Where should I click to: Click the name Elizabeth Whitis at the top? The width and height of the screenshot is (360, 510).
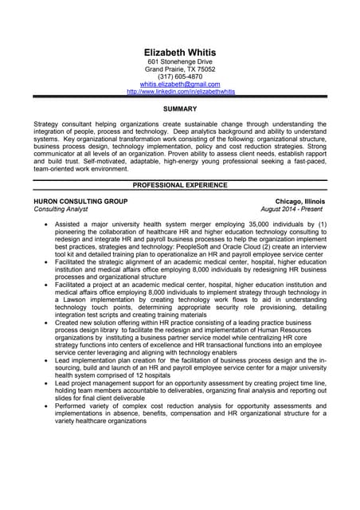[180, 53]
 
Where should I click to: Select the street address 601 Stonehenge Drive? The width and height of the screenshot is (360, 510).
[180, 61]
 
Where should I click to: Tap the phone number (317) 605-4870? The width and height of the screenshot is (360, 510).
[180, 76]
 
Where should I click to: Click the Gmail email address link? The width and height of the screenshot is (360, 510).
[180, 84]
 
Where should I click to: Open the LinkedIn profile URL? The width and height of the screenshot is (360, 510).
[180, 92]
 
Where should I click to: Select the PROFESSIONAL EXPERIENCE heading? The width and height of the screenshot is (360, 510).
[180, 185]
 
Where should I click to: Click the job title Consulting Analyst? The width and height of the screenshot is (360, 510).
[61, 210]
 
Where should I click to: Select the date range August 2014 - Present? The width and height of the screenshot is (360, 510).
[292, 210]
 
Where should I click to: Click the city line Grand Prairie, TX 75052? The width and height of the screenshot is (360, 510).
[180, 69]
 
